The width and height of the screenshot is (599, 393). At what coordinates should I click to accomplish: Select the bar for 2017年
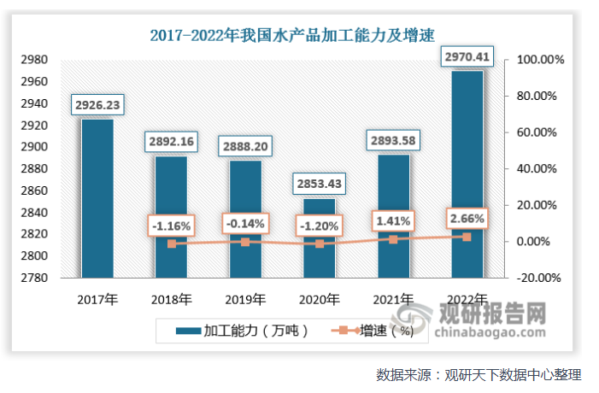[97, 196]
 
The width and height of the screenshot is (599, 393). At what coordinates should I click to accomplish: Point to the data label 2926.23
[97, 105]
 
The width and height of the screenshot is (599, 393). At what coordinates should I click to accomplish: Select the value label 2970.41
[467, 57]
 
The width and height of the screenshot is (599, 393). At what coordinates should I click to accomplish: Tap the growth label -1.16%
[171, 226]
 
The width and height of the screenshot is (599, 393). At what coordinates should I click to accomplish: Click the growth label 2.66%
[467, 219]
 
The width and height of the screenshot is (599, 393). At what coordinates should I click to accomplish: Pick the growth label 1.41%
[393, 222]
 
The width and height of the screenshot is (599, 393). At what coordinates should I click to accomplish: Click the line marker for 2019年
[245, 242]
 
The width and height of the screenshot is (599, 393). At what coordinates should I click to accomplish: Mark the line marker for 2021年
[393, 239]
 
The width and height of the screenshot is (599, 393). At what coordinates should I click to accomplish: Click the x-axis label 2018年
[171, 299]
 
